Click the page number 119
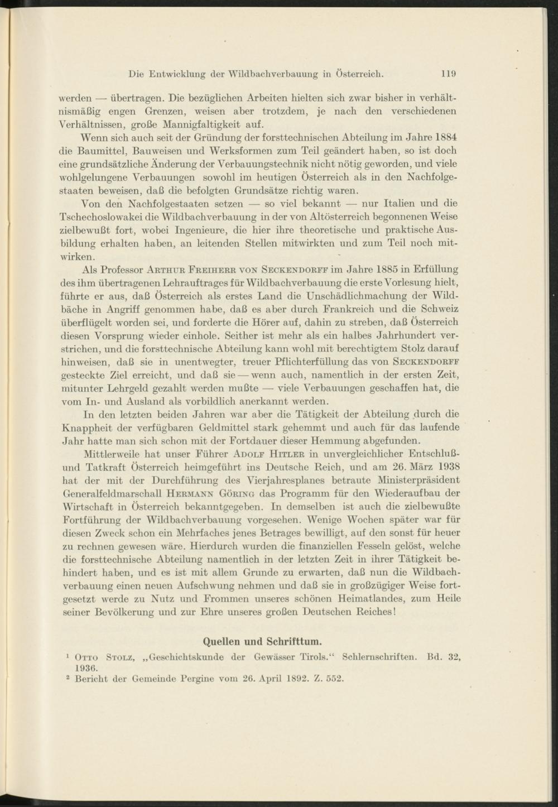click(449, 73)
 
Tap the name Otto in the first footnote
click(85, 657)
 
